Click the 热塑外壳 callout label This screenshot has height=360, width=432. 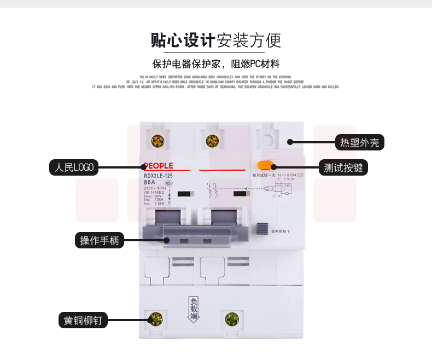pyautogui.click(x=359, y=143)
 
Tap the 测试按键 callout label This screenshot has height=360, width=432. pyautogui.click(x=343, y=167)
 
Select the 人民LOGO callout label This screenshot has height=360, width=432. pyautogui.click(x=73, y=167)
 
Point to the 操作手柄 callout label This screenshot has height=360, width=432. pyautogui.click(x=100, y=240)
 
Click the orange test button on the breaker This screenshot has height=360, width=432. pyautogui.click(x=265, y=166)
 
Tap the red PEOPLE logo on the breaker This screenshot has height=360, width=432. pyautogui.click(x=158, y=166)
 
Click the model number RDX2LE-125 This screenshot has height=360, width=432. pyautogui.click(x=158, y=176)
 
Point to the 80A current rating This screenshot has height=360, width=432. pyautogui.click(x=150, y=183)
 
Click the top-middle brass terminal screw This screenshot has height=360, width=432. pyautogui.click(x=212, y=141)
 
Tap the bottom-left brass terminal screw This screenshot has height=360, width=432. pyautogui.click(x=157, y=319)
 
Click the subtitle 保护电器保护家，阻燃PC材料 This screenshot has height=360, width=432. pyautogui.click(x=216, y=63)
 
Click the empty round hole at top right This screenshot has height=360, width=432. pyautogui.click(x=267, y=140)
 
